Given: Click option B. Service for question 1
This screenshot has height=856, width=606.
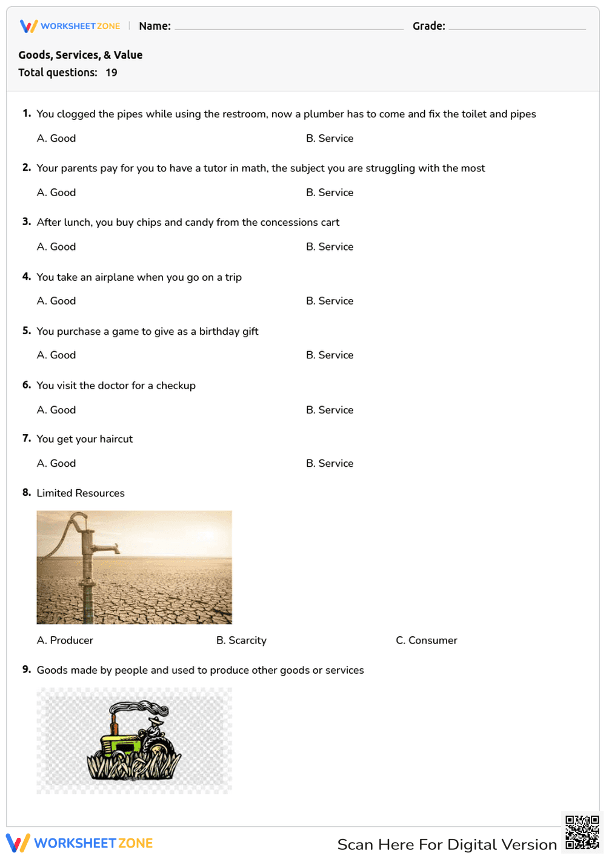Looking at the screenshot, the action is click(329, 138).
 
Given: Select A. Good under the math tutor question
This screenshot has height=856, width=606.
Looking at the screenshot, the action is click(56, 193).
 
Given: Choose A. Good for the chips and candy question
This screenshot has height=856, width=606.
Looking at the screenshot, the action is click(56, 246).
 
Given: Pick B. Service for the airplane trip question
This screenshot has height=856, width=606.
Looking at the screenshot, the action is click(329, 301).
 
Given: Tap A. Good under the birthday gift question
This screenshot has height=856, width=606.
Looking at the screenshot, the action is click(56, 355).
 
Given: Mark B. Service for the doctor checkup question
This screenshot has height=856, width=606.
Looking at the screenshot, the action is click(329, 410).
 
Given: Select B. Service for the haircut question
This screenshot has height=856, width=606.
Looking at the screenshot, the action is click(329, 463).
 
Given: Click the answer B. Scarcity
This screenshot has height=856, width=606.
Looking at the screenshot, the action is click(241, 640).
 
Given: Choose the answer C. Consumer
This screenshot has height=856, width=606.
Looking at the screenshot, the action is click(426, 640).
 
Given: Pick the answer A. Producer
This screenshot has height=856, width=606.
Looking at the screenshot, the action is click(65, 640).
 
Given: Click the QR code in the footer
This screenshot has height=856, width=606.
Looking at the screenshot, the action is click(582, 832).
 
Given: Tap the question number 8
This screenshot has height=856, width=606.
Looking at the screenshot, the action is click(27, 493).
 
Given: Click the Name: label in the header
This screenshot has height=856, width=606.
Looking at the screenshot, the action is click(155, 26).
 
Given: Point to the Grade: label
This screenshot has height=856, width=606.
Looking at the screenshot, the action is click(428, 26).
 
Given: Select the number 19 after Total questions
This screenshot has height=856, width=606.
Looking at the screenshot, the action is click(112, 73).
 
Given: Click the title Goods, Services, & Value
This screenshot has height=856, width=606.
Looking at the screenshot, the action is click(81, 55).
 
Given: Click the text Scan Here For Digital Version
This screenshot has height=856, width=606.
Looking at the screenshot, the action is click(447, 844).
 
